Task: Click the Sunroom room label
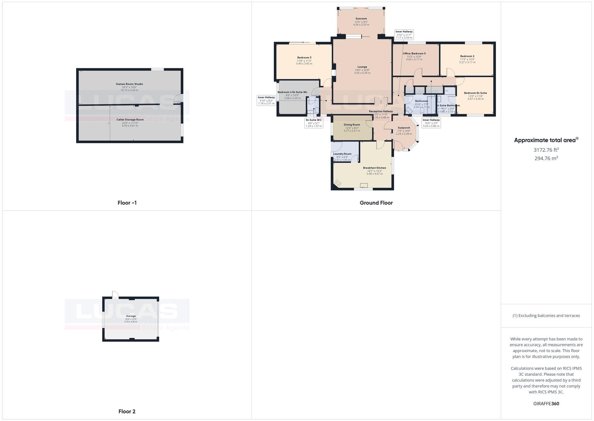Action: [361, 19]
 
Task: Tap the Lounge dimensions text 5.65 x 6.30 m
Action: [362, 73]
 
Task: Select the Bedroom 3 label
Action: [304, 58]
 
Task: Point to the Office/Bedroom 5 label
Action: [414, 54]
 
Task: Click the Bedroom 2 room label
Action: [467, 56]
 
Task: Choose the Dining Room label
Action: [352, 125]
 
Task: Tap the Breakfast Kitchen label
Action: [375, 168]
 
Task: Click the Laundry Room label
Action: [342, 154]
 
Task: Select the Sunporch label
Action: [404, 128]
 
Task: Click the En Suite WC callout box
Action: [314, 123]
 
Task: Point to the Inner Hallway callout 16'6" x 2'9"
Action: [431, 123]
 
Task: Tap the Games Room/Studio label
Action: [129, 84]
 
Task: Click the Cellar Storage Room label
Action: [130, 120]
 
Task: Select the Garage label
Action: [131, 316]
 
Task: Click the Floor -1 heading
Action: [127, 203]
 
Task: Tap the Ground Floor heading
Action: [376, 203]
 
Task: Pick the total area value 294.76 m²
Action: [546, 158]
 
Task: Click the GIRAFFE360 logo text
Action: [546, 404]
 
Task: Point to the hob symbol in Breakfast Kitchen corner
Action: [338, 183]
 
